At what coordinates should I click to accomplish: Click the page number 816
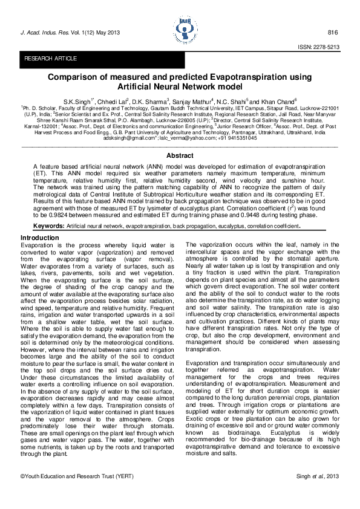pyautogui.click(x=332, y=32)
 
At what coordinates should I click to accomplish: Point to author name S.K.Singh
pyautogui.click(x=77, y=100)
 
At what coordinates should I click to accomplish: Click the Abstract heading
pyautogui.click(x=179, y=155)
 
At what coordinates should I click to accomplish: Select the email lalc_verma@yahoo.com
pyautogui.click(x=186, y=138)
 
